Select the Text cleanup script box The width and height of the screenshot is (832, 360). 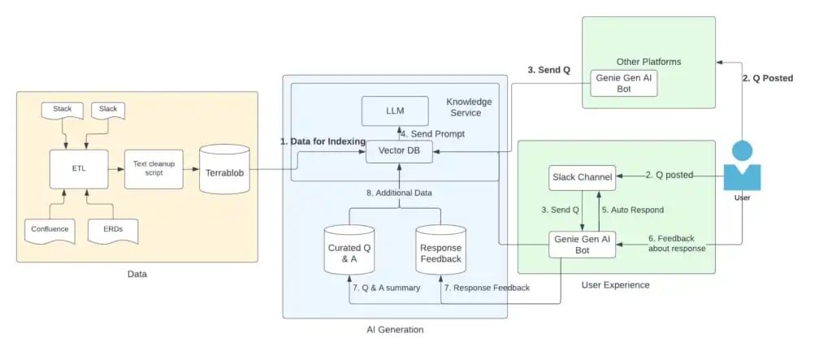coord(154,168)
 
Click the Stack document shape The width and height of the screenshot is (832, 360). coord(63,111)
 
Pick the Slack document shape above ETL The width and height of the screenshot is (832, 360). coord(108,111)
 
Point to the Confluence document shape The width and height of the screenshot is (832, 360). coord(50,230)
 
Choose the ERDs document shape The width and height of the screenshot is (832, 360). coord(112,230)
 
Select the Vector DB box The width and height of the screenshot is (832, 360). coord(399,151)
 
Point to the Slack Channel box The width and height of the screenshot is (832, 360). coord(582,176)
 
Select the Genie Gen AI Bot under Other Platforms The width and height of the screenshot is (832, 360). coord(623,84)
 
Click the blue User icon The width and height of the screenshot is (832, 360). coord(742,166)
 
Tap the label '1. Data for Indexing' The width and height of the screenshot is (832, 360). coord(323,141)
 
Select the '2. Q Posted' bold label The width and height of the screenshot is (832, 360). coord(768,79)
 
